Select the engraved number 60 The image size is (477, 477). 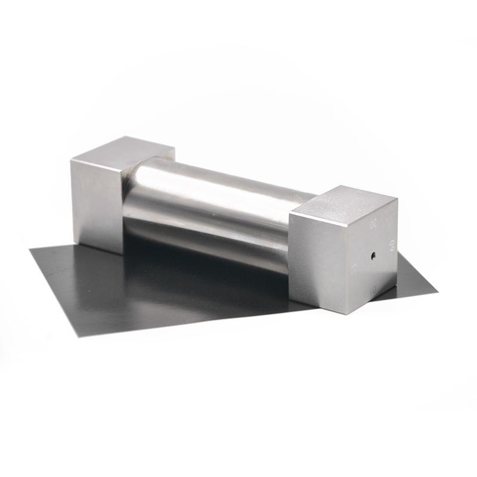[x=392, y=244]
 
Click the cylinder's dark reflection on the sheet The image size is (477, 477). [x=197, y=280]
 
